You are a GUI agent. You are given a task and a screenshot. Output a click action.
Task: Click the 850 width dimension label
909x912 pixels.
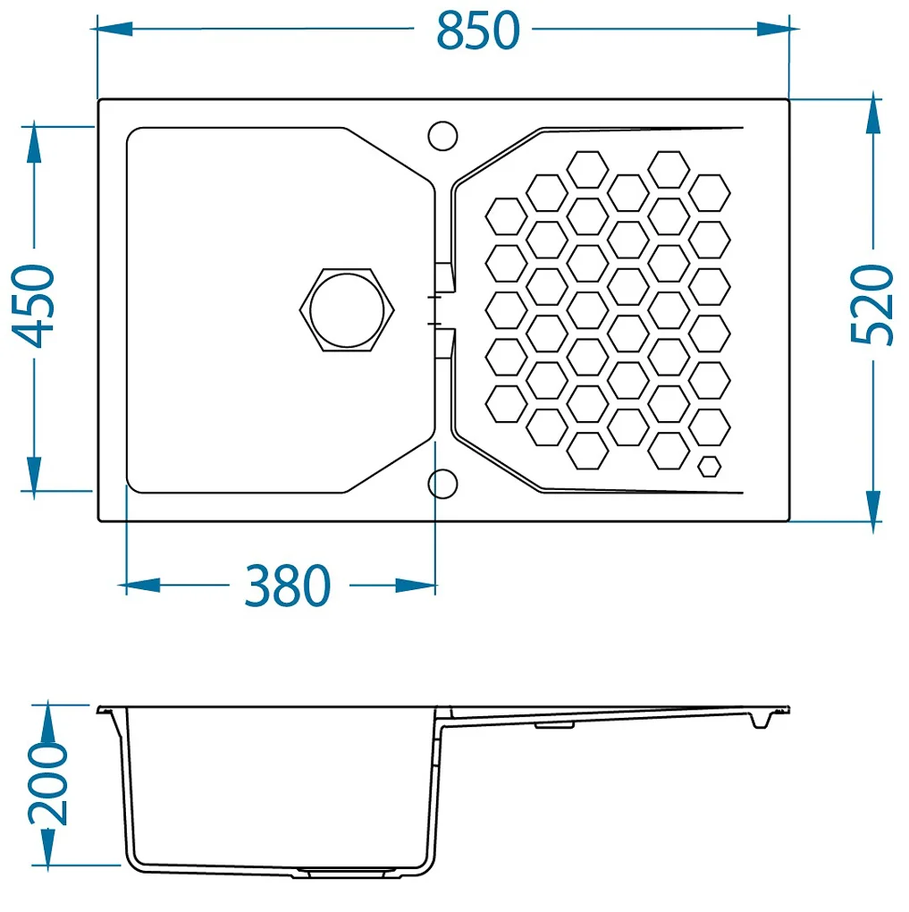[477, 30]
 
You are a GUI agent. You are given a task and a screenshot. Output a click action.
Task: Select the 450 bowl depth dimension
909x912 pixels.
[33, 306]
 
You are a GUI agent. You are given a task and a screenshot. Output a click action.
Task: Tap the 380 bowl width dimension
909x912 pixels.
[287, 585]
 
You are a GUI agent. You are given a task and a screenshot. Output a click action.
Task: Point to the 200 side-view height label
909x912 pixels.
[47, 783]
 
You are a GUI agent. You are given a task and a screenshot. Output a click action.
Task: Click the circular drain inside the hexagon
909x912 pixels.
[347, 310]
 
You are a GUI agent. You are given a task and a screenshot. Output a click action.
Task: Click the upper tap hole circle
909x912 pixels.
[442, 136]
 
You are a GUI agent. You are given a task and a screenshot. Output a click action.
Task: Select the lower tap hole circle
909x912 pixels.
[442, 484]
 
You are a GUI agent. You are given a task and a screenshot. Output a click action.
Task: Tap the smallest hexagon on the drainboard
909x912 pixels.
[710, 467]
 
